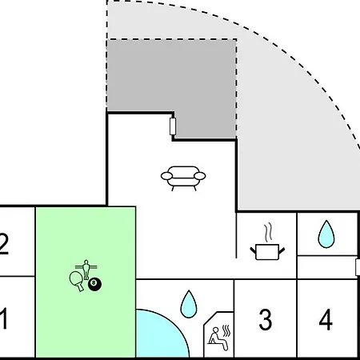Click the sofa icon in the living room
[x=183, y=178]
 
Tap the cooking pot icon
[x=267, y=252]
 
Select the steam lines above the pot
[x=269, y=232]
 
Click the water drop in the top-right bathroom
[x=326, y=234]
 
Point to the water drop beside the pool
[x=189, y=304]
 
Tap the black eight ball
[x=94, y=284]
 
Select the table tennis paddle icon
[x=77, y=281]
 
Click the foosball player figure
[x=86, y=270]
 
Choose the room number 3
[x=266, y=319]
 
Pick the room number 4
[x=326, y=319]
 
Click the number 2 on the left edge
[x=4, y=244]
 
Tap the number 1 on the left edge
[x=3, y=318]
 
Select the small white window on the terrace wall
[x=173, y=126]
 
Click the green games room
[x=86, y=282]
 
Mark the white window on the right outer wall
[x=358, y=267]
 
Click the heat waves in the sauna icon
[x=226, y=330]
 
